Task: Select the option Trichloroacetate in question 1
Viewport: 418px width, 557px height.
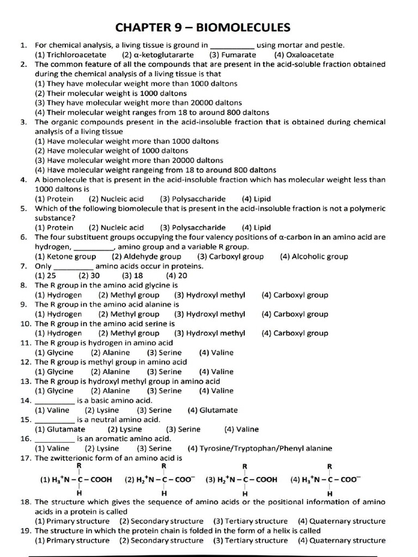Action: coord(71,55)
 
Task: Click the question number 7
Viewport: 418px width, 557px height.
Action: coord(24,266)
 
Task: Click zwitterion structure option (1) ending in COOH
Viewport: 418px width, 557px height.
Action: coord(76,480)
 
